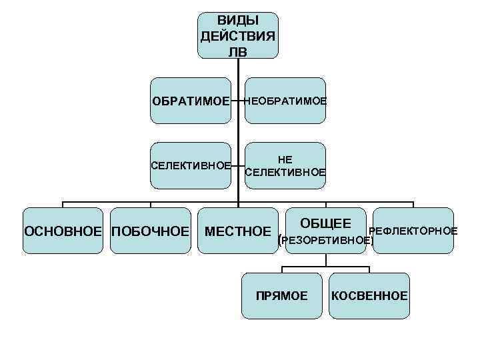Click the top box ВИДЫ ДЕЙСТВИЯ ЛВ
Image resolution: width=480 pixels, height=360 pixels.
[238, 35]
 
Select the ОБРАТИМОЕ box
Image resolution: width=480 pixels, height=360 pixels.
[191, 101]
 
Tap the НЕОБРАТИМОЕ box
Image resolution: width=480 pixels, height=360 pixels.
[285, 101]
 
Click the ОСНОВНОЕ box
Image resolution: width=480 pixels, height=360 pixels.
[64, 231]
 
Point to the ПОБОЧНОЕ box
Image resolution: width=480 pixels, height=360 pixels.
[150, 231]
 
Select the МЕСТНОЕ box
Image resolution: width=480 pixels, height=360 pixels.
[238, 231]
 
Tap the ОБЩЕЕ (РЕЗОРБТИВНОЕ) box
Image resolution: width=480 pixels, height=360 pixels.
[325, 231]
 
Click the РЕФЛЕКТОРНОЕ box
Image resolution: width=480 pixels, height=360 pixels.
[413, 231]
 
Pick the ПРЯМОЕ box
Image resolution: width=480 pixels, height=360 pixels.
[282, 295]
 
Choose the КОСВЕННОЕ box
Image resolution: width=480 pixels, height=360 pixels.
[369, 295]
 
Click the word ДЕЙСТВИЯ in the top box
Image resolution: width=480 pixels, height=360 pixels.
[238, 35]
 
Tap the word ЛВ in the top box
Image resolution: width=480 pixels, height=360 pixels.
[238, 51]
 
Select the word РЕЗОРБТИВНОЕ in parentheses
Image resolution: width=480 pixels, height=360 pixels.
[325, 240]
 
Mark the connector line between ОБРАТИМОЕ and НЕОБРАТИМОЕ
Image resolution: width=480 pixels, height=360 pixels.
[238, 101]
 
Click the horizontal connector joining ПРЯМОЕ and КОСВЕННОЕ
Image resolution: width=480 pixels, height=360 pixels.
[325, 267]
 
